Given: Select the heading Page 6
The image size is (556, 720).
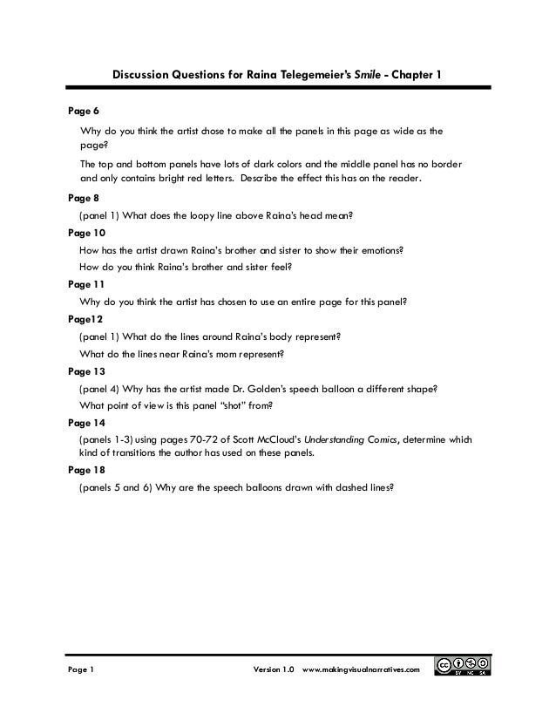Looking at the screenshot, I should [x=84, y=112].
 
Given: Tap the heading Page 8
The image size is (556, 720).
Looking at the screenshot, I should [x=84, y=198].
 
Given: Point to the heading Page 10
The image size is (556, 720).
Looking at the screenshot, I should [x=86, y=233].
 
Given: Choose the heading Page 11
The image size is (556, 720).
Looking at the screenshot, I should [x=86, y=283].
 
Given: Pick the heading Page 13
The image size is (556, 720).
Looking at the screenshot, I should [x=86, y=370].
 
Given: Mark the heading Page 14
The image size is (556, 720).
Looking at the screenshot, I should [x=86, y=421].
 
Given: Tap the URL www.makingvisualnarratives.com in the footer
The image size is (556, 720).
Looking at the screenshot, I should [x=361, y=669].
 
